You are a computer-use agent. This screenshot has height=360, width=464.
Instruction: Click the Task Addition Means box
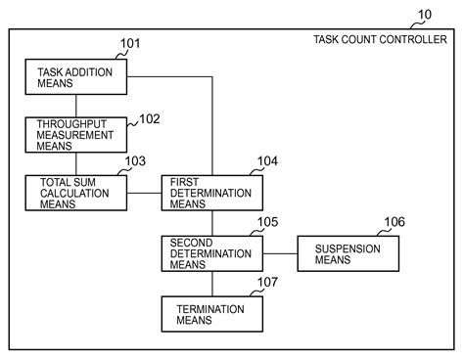coord(76,77)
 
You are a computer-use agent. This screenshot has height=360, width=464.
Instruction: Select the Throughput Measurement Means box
coord(76,135)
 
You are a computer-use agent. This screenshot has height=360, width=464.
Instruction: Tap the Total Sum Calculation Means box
coord(76,193)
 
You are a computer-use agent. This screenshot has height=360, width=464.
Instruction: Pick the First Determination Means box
coord(212,193)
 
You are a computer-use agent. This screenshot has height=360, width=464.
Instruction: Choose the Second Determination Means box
coord(212,253)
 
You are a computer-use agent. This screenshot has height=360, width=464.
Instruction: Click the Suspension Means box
coord(348,253)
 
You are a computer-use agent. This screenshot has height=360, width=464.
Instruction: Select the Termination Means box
coord(212,314)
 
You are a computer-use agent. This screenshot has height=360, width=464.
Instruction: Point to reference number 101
coord(130,43)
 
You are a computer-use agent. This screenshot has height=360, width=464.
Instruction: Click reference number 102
coord(150,119)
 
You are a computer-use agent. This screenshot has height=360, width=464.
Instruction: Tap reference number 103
coord(135,161)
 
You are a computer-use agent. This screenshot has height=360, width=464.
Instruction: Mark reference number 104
coord(267,161)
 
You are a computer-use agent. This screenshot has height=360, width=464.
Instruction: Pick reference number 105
coord(267,222)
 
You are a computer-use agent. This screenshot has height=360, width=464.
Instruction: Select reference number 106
coord(394,222)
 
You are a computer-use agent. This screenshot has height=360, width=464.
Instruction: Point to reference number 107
coord(267,282)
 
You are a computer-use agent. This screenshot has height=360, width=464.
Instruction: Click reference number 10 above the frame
coord(425,15)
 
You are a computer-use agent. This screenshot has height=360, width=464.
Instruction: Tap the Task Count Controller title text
coord(380,39)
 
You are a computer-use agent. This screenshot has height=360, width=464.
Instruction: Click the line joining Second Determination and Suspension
coord(280,253)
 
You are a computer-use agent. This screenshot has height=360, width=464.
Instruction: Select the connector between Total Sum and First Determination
coord(144,193)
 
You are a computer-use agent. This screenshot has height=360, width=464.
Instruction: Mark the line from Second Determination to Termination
coord(212,284)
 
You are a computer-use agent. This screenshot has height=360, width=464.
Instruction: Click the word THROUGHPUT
coord(71,124)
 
